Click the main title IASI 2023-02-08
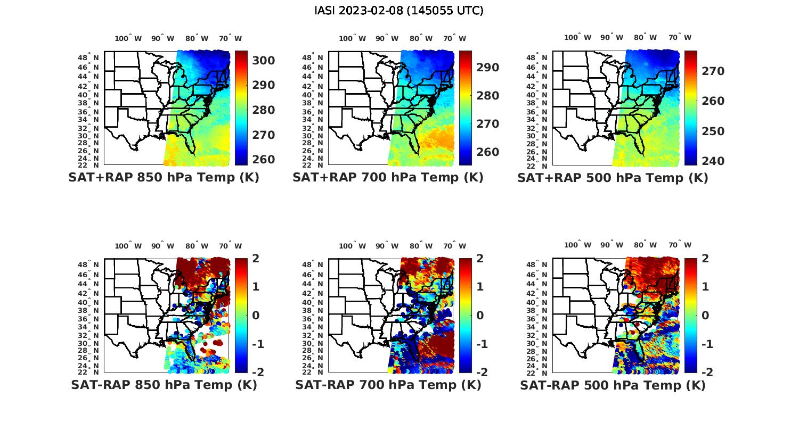pos(399,11)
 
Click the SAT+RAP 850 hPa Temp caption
pos(164,178)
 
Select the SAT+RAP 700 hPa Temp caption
pos(388,178)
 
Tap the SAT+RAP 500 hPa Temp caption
pos(613,178)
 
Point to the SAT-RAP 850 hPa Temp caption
pos(164,385)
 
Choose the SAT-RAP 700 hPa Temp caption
pos(388,385)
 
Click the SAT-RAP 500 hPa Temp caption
pos(613,386)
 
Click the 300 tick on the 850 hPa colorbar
pos(264,61)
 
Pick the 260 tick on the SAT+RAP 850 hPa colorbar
pos(264,160)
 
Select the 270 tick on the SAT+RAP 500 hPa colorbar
pos(713,71)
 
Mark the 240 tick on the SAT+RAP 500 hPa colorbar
pos(713,161)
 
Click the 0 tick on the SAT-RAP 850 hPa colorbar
pos(256,315)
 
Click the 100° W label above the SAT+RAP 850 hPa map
pos(128,38)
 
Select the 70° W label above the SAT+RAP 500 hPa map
pos(680,37)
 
